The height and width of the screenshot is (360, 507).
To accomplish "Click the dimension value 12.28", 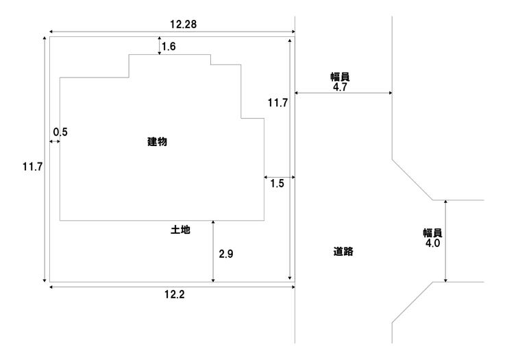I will pos(183,24).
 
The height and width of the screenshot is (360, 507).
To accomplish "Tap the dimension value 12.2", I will pos(174,296).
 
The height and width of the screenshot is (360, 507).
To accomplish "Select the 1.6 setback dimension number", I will pos(169,47).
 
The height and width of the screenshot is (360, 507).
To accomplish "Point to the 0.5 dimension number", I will pos(60,132).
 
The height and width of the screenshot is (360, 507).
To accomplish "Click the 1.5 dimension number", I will pos(277,183).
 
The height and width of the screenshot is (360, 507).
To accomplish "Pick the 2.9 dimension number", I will pos(226,254).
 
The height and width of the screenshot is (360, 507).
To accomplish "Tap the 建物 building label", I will pos(158,142).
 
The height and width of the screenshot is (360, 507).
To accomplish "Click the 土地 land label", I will pos(180,231).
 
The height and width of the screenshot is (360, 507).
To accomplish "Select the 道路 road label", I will pos(343,252).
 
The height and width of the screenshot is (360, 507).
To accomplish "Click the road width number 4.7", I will pos(339,88).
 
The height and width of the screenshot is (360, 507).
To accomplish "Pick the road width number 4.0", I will pos(432,242).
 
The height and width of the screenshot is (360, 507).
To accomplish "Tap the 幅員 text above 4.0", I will pos(432,232).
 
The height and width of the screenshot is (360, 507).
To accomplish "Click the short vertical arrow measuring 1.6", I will pos(159,47).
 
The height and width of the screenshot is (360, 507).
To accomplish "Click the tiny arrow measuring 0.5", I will pos(54,141).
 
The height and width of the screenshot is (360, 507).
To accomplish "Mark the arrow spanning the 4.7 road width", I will pos(343,94).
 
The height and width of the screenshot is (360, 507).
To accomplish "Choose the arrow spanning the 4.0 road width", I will pos(446,241).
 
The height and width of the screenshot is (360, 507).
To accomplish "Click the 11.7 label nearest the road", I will pos(277,104).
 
